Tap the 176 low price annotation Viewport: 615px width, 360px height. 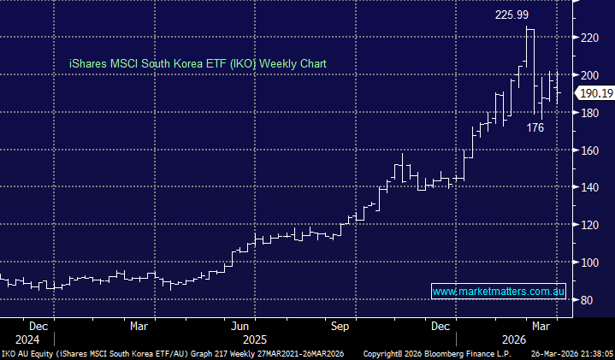(535, 127)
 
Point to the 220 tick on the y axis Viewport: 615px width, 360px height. (587, 38)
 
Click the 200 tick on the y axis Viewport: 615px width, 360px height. (587, 75)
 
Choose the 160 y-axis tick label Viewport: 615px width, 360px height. (587, 150)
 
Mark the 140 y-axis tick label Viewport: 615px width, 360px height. (587, 187)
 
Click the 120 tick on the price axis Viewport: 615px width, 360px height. (587, 225)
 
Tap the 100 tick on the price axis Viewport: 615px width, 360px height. (587, 263)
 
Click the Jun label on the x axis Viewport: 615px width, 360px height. (240, 326)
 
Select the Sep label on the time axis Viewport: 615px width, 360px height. (340, 326)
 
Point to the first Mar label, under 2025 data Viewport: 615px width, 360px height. (140, 326)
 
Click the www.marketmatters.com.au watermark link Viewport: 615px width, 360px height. (499, 292)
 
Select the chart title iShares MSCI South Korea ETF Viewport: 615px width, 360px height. (198, 64)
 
